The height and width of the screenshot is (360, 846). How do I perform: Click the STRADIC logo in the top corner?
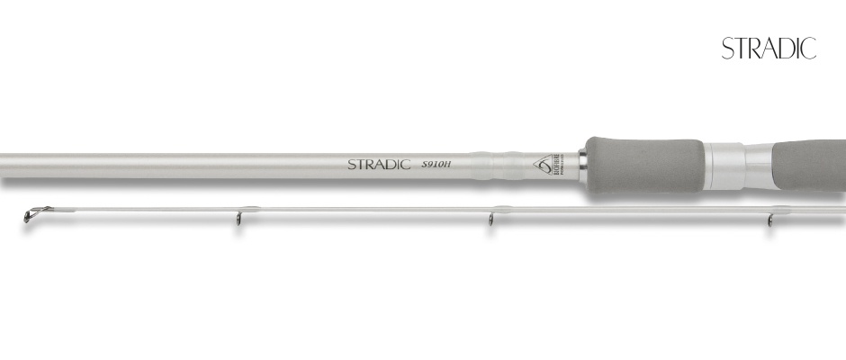coord(769,49)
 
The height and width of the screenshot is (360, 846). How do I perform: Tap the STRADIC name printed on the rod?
coord(379,165)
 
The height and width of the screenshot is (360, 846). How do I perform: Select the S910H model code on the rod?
coord(437,165)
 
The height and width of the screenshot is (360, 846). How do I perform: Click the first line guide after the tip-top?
coord(238,219)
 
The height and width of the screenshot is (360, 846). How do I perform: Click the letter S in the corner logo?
coord(727,49)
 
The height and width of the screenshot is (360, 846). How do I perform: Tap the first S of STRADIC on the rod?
coord(353,165)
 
